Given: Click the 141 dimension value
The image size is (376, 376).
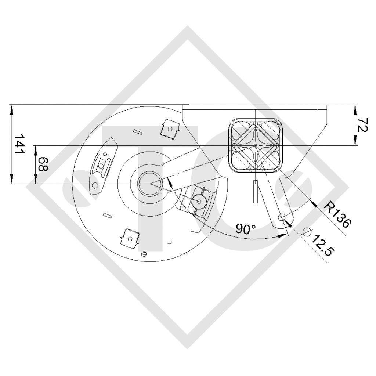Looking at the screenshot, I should [19, 144].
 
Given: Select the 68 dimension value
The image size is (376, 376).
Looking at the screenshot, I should [43, 164].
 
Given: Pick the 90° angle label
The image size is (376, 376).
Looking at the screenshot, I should [245, 229].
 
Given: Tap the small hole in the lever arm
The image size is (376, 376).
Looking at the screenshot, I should [281, 217].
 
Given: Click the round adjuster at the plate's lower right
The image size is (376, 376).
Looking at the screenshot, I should [199, 200].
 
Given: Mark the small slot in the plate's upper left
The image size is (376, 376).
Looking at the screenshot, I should [138, 131].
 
